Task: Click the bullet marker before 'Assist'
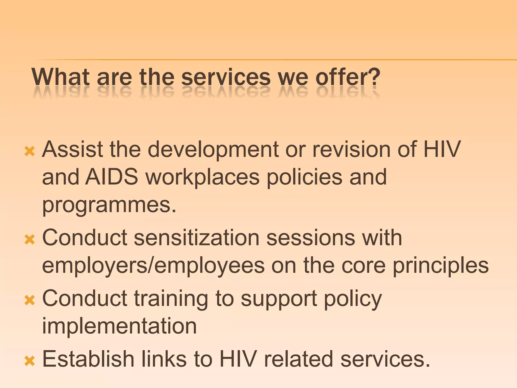[x=30, y=152]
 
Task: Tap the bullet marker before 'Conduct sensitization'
[x=30, y=239]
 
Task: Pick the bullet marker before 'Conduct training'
[x=30, y=300]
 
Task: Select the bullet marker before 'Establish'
[x=30, y=361]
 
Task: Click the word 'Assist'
[x=72, y=150]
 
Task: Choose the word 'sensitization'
[x=197, y=238]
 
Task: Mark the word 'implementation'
[x=119, y=326]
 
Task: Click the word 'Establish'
[x=88, y=359]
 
